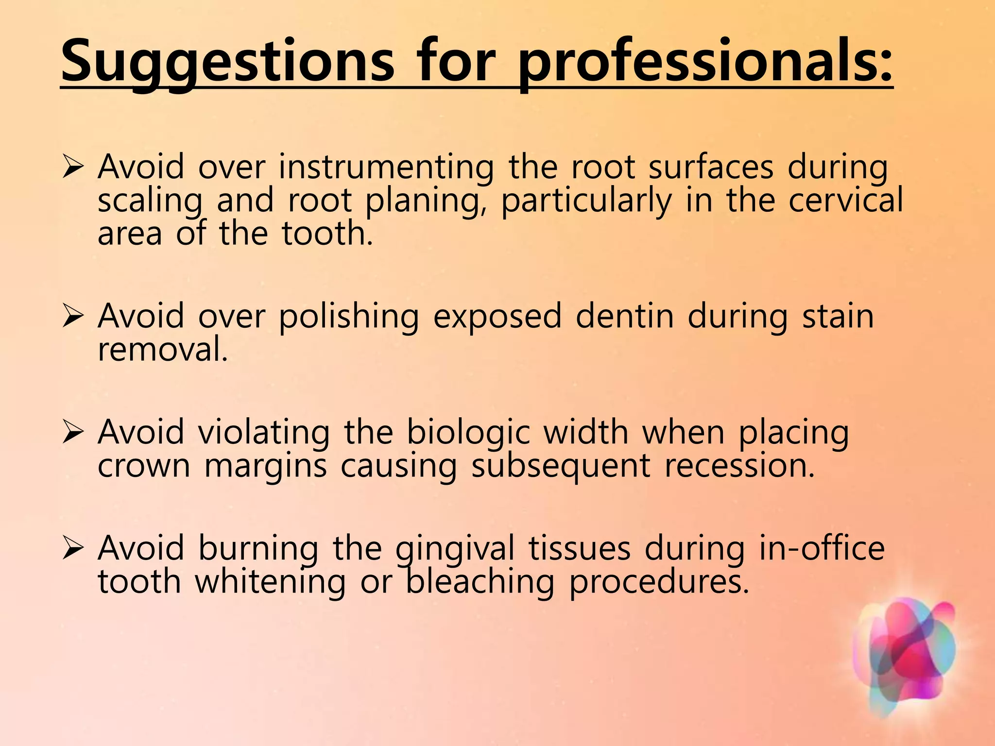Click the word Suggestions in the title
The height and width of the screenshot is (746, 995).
(227, 62)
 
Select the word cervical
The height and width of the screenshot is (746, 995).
(845, 200)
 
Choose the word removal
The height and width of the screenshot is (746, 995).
(163, 349)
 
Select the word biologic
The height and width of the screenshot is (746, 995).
(468, 433)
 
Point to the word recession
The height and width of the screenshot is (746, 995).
(739, 466)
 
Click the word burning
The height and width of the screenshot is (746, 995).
(258, 548)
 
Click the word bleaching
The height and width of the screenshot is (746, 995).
(480, 582)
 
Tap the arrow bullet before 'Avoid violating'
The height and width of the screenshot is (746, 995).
(73, 433)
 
